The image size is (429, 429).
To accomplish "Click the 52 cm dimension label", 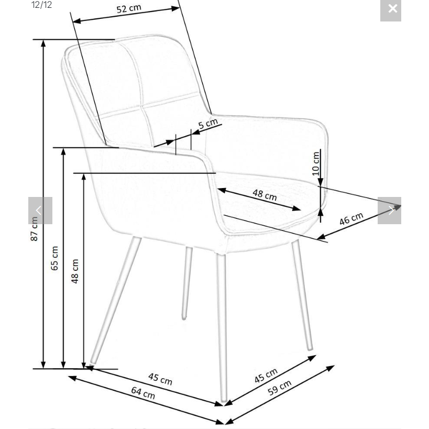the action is (x=129, y=8).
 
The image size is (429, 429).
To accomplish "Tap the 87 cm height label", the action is (x=34, y=229).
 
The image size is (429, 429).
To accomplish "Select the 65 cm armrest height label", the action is (x=54, y=258).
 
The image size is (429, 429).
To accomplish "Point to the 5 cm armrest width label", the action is (x=208, y=124).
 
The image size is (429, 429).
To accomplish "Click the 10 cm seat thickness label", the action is (x=316, y=163).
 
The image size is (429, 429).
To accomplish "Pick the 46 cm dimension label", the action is (x=351, y=218).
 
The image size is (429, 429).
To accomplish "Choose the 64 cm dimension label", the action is (x=143, y=393).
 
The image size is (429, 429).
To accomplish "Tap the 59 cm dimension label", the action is (x=279, y=388).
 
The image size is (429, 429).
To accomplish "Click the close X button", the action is (x=391, y=10).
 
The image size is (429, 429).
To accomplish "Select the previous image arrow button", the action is (x=40, y=211).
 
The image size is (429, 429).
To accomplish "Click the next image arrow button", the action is (x=389, y=211).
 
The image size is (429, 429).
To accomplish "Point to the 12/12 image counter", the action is (x=41, y=5).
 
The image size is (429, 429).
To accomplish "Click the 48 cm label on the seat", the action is (x=265, y=195).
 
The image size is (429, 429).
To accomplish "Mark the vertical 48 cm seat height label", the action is (x=75, y=271).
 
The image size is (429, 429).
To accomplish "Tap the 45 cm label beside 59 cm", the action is (x=266, y=376).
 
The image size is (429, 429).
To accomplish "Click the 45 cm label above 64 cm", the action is (x=160, y=379).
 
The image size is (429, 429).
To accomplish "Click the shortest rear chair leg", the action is (x=187, y=283).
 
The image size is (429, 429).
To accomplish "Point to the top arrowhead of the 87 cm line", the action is (x=43, y=43).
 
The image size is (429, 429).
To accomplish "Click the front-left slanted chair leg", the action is (x=115, y=301).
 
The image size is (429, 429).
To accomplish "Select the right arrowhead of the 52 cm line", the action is (x=175, y=8).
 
